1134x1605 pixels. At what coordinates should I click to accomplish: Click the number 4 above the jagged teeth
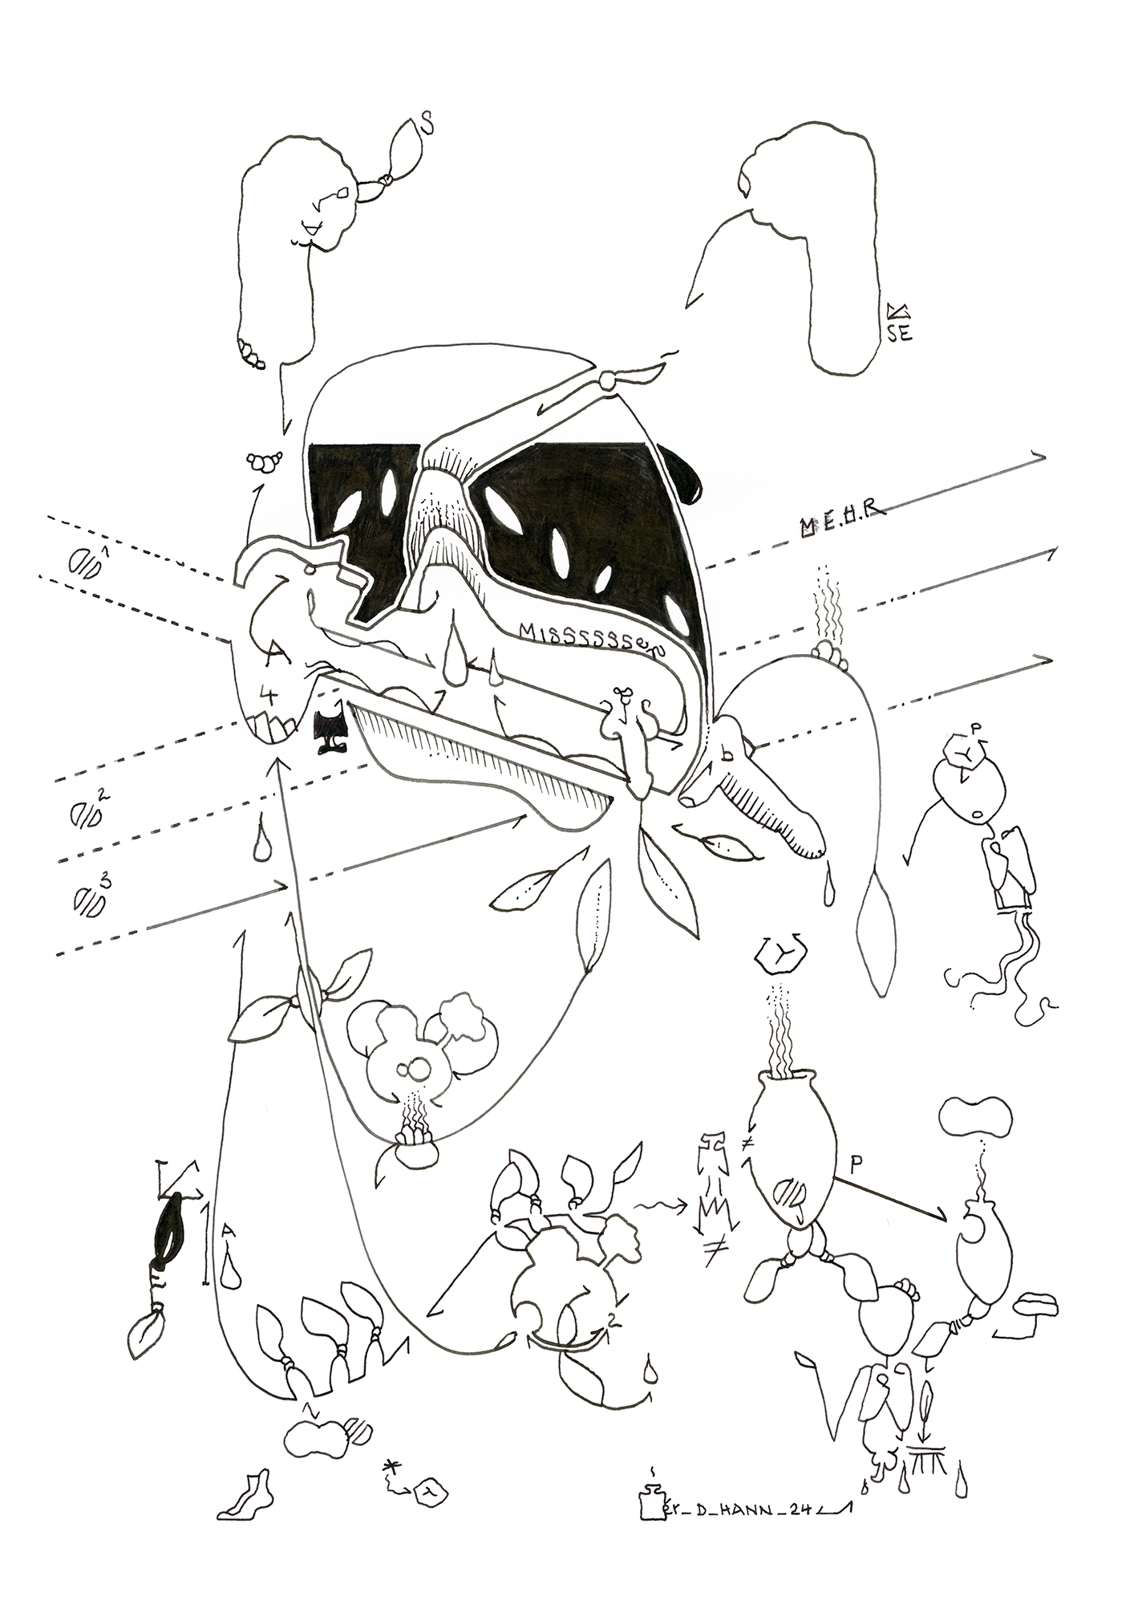pyautogui.click(x=268, y=695)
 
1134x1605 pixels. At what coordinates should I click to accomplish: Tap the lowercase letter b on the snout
pyautogui.click(x=727, y=753)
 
